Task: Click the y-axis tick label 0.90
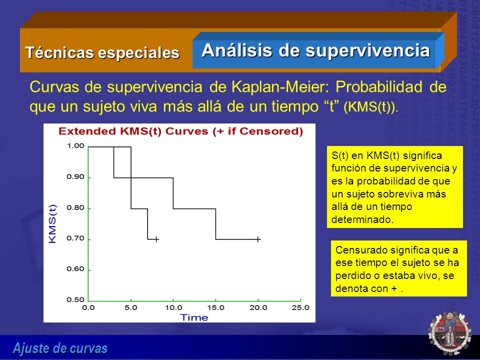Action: tap(75, 177)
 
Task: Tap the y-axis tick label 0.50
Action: tap(75, 299)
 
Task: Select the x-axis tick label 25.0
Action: tap(300, 307)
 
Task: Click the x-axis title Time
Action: tap(194, 317)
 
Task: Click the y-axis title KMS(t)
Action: tap(52, 224)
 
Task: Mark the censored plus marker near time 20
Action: tap(258, 239)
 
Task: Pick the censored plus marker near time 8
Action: tap(156, 239)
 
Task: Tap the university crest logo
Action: tap(449, 333)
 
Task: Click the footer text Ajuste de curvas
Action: tap(60, 348)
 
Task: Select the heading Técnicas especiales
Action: tap(102, 52)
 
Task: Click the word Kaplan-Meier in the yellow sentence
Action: tap(280, 87)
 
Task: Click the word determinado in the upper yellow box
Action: tap(362, 219)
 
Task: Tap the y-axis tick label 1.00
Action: tap(75, 145)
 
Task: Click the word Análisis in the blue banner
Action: tap(236, 50)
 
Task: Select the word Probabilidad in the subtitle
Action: tap(379, 87)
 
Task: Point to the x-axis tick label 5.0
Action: tap(130, 307)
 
